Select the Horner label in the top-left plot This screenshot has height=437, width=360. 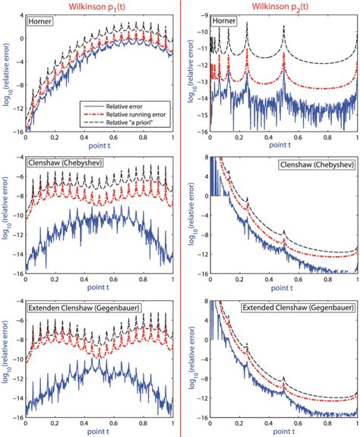[x=40, y=22]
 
